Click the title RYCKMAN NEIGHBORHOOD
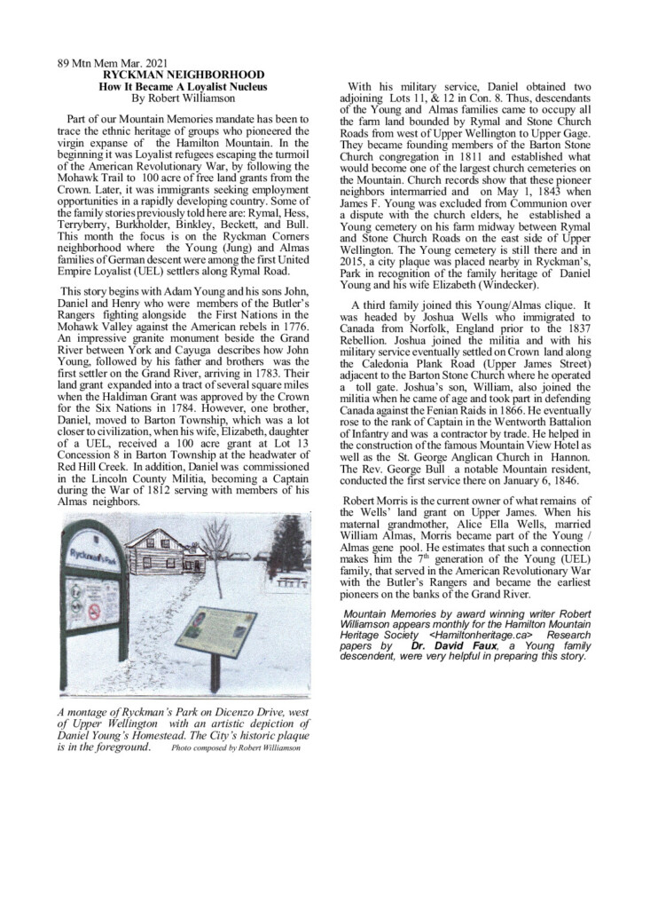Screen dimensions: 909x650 click(x=184, y=76)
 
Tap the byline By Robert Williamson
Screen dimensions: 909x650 click(x=184, y=99)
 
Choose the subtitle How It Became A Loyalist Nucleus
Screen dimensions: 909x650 click(x=184, y=87)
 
